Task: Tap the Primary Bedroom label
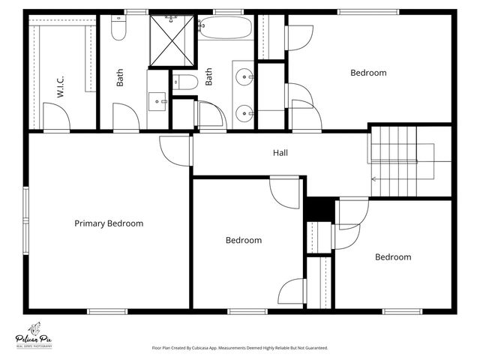point(109,223)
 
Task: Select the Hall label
point(280,153)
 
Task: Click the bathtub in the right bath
point(225,28)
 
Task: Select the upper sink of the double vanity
point(244,76)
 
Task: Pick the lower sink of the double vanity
point(244,114)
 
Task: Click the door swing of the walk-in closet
point(55,116)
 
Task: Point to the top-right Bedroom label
point(368,73)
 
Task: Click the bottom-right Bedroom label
point(393,257)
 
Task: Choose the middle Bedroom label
point(244,241)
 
